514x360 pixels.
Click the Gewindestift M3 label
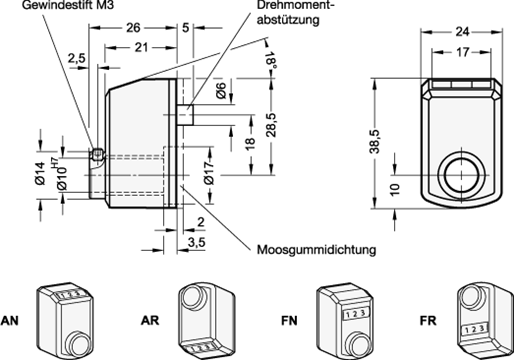68,5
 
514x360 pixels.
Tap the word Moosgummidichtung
316,250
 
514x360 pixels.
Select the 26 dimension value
133,28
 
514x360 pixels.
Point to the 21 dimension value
141,47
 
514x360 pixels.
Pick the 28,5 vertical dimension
271,125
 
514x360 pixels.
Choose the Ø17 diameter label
210,172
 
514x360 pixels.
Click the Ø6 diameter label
221,91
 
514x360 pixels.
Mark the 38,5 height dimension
375,141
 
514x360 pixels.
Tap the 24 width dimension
462,32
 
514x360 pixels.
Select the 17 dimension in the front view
462,52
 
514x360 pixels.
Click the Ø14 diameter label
40,173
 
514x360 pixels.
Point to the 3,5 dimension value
196,243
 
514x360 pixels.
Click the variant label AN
9,321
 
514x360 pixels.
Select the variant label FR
428,321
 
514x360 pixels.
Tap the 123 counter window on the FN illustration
354,314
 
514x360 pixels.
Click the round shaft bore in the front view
462,175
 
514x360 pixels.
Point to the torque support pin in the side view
185,115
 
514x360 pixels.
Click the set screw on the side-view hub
97,154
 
